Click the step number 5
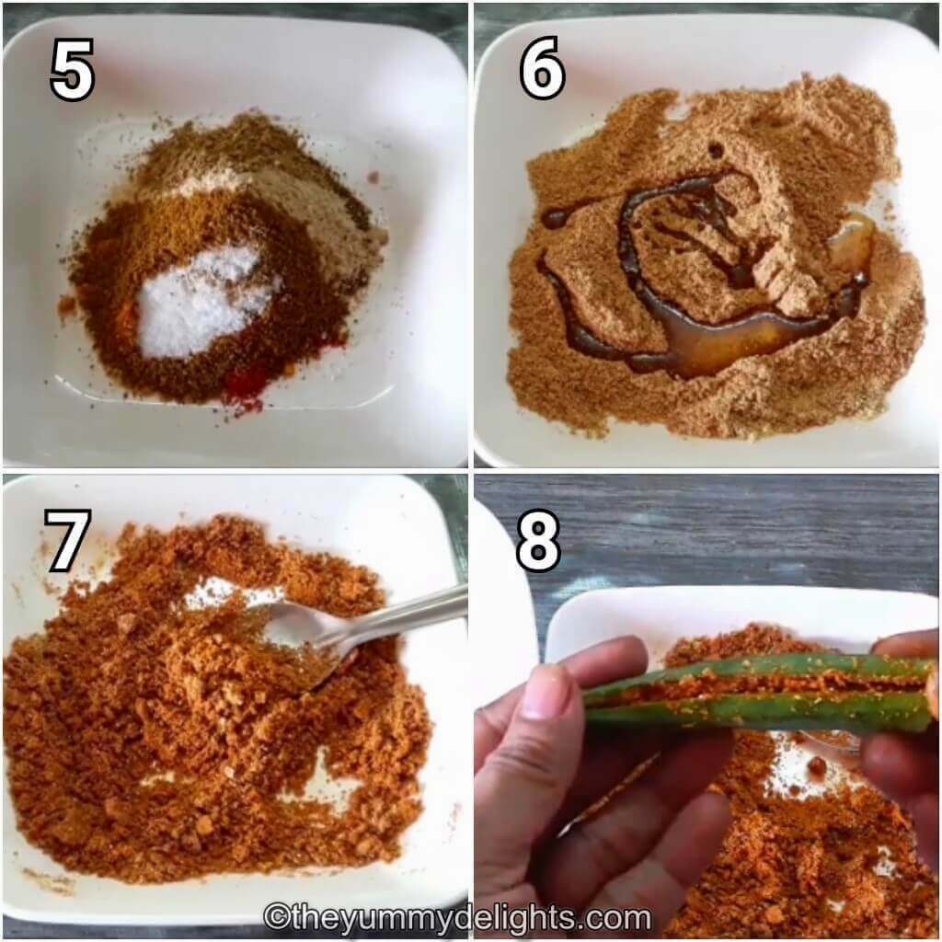[72, 70]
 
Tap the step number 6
[543, 70]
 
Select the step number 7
[67, 540]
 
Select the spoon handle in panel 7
[405, 612]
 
